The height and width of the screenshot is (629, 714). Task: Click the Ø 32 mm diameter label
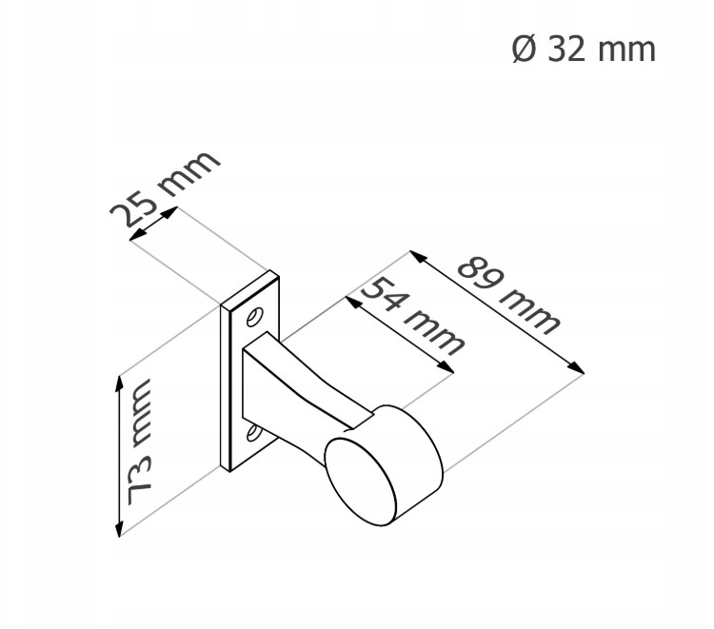(x=584, y=49)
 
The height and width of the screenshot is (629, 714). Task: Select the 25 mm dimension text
(x=165, y=187)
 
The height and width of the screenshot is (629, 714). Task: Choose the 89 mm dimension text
(x=507, y=296)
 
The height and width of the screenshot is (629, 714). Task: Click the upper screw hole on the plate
(x=254, y=316)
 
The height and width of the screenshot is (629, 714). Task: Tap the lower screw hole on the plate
(x=252, y=433)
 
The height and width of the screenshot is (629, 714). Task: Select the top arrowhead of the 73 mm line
(x=119, y=384)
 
